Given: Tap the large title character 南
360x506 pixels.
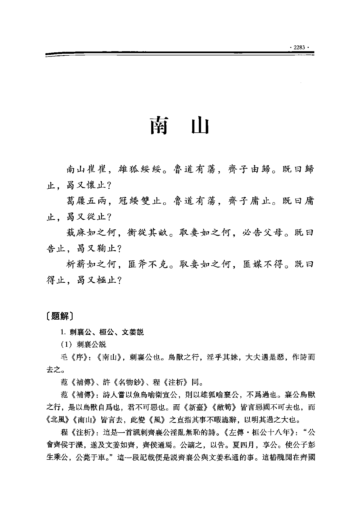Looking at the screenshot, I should (159, 126).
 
